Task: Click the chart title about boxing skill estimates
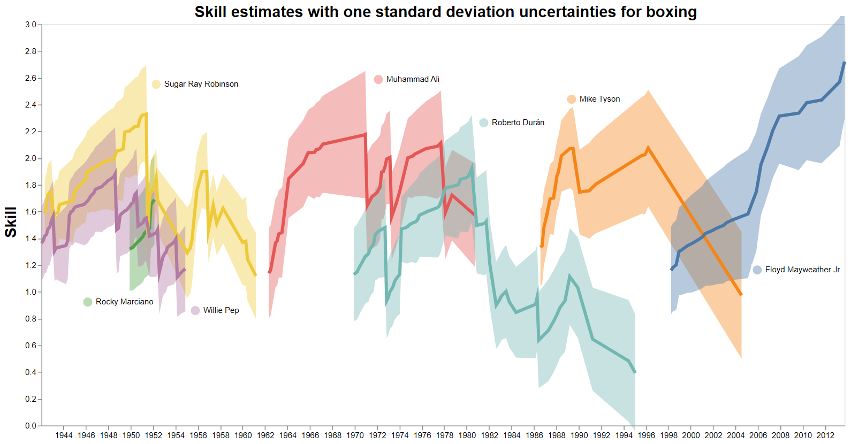[x=445, y=12]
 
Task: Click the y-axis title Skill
[x=11, y=222]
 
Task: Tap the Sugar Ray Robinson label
[x=201, y=84]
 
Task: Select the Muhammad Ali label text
[x=413, y=79]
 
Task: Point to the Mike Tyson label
[x=599, y=99]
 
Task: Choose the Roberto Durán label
[x=518, y=123]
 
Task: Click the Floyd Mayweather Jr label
[x=802, y=270]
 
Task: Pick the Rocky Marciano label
[x=124, y=302]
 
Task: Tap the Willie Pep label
[x=221, y=310]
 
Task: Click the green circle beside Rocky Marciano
[x=88, y=302]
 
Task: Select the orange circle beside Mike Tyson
[x=571, y=99]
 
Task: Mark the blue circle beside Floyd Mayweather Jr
[x=757, y=270]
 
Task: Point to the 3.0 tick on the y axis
[x=31, y=25]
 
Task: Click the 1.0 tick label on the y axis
[x=31, y=292]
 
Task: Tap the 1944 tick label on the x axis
[x=64, y=435]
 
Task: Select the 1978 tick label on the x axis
[x=445, y=435]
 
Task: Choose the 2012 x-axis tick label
[x=825, y=435]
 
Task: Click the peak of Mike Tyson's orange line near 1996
[x=648, y=148]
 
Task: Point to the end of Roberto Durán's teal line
[x=635, y=372]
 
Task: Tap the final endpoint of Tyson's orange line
[x=741, y=295]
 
